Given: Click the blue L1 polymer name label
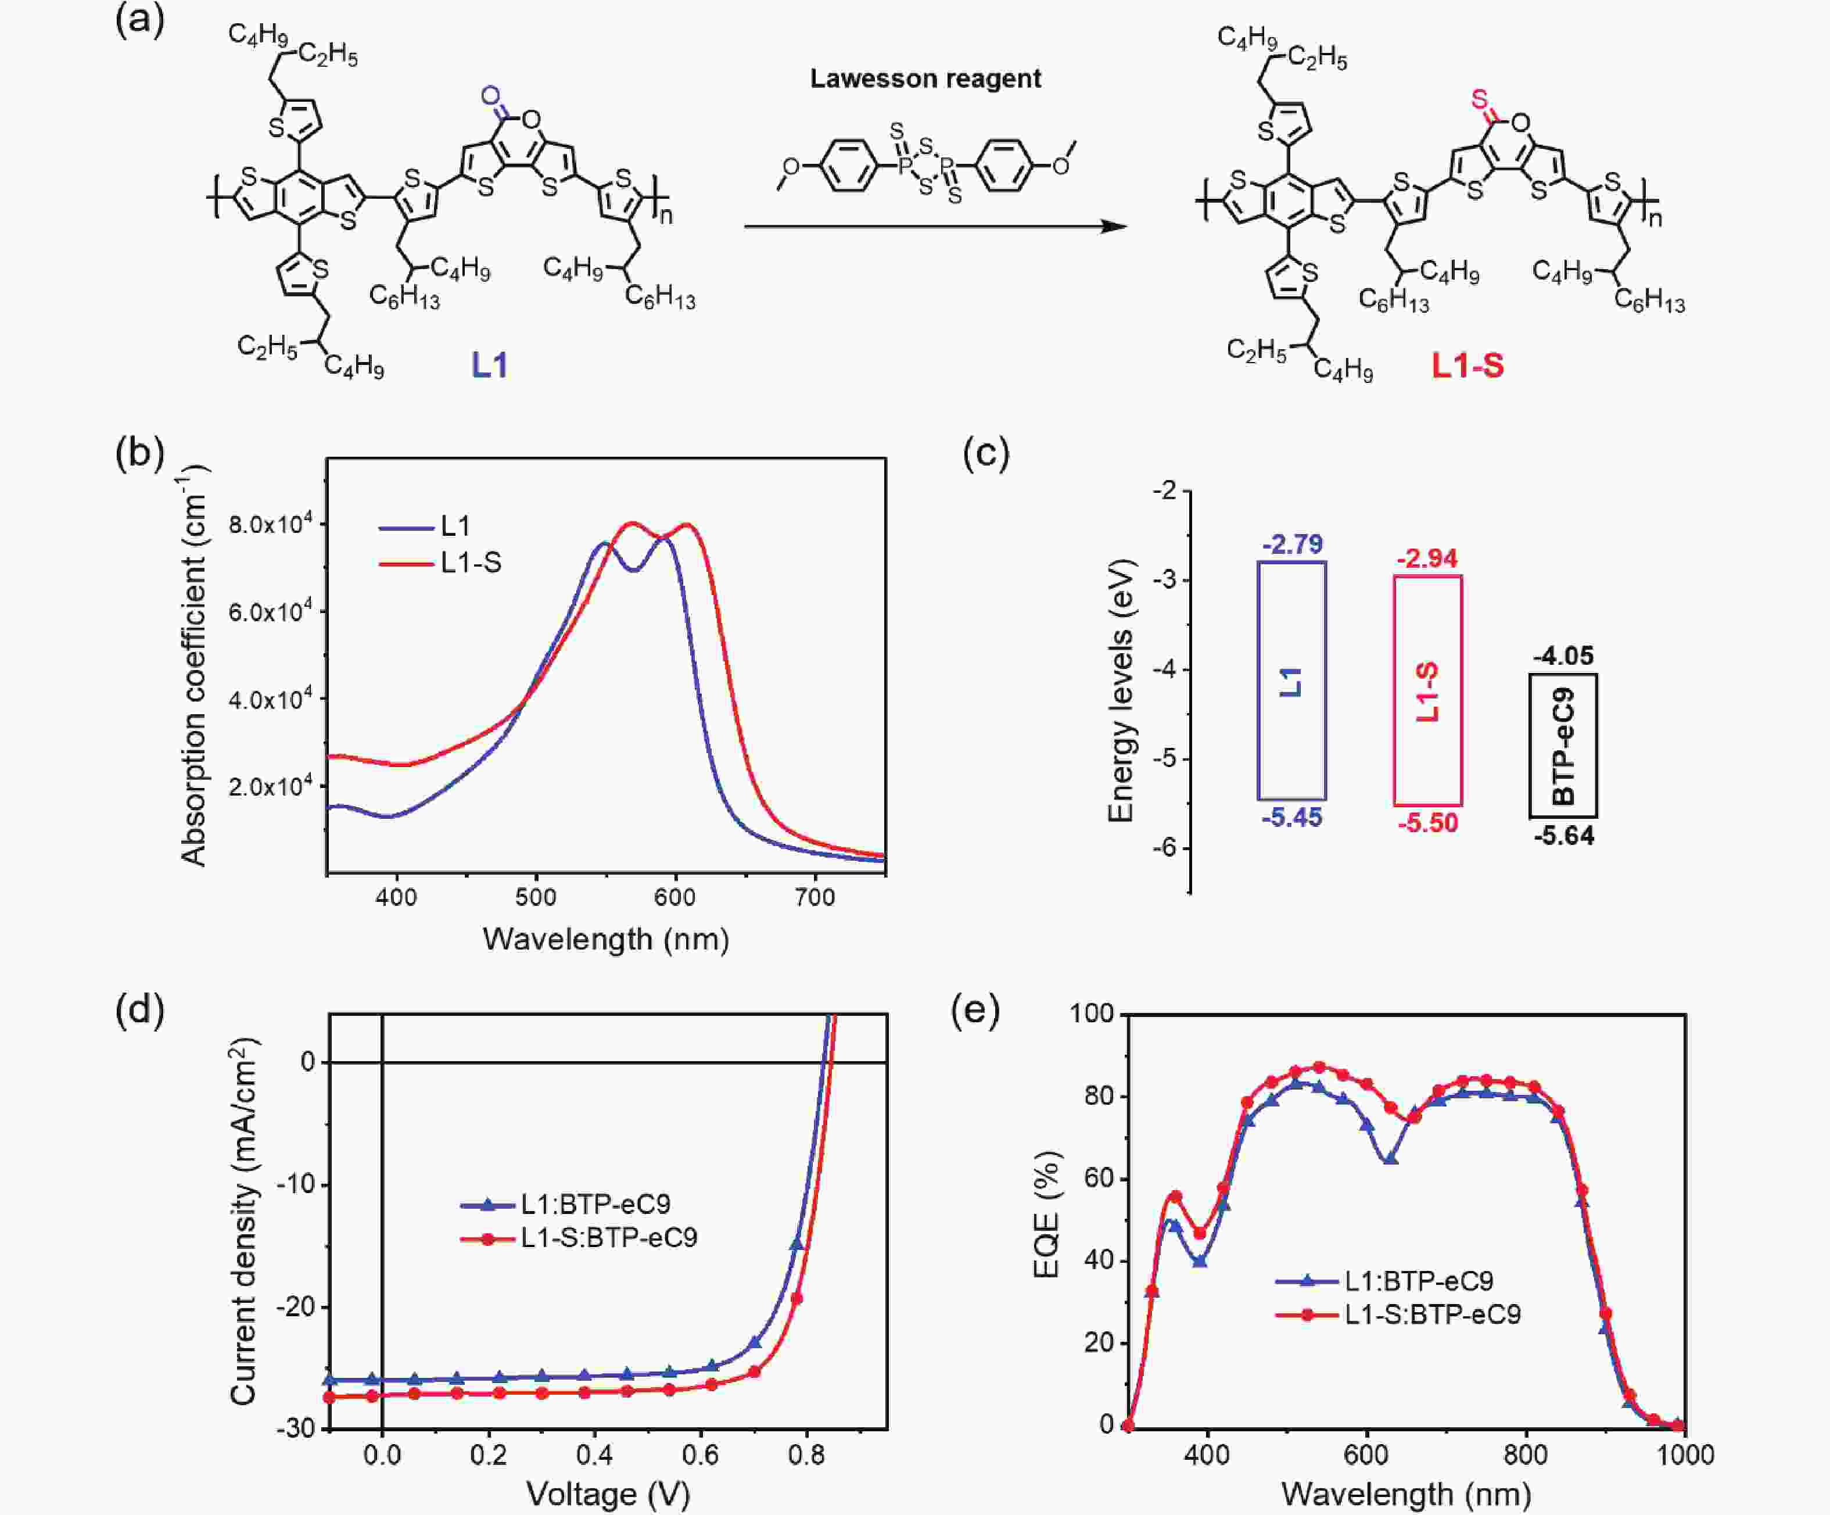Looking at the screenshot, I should [x=490, y=365].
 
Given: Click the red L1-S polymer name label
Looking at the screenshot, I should [x=1469, y=365].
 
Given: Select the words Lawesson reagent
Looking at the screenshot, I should [x=925, y=78].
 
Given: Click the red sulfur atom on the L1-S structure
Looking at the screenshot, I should [x=1479, y=99].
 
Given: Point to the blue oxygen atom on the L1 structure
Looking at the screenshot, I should [x=490, y=95].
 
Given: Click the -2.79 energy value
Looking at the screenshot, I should [x=1292, y=545].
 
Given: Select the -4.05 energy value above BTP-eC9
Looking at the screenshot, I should [x=1563, y=656].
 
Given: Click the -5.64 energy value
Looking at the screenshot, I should [x=1563, y=836].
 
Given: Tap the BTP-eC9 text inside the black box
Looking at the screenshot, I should [x=1563, y=746].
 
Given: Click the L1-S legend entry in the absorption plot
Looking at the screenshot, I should [x=471, y=563].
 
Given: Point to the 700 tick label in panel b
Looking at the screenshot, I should [x=814, y=897].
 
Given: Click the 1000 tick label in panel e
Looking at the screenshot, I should [x=1685, y=1455].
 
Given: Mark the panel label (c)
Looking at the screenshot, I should [x=985, y=453].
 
